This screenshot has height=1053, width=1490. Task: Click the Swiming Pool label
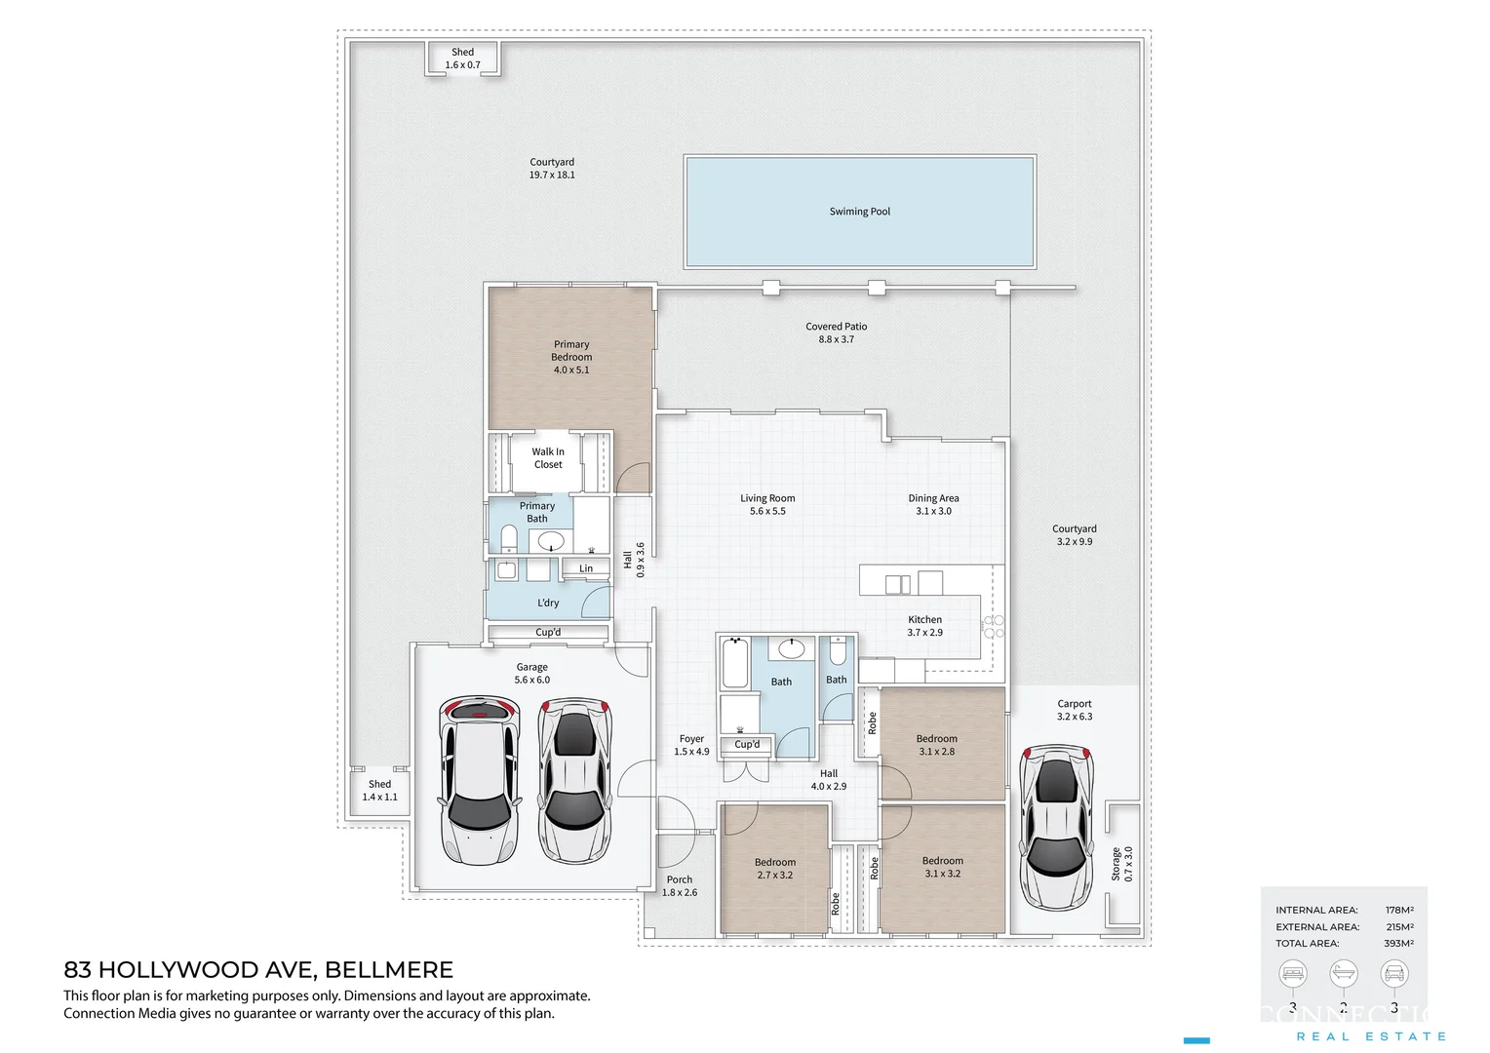[x=859, y=212]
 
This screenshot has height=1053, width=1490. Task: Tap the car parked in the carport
[x=1056, y=827]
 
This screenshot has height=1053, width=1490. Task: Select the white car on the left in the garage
[x=477, y=780]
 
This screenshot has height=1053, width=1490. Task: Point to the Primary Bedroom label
[x=571, y=357]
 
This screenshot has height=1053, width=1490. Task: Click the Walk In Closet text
[x=548, y=458]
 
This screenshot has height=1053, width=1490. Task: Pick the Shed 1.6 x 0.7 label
[x=462, y=58]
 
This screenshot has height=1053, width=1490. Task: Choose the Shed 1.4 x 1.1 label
[x=379, y=791]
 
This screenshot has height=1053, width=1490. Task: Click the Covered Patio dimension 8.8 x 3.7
[x=836, y=339]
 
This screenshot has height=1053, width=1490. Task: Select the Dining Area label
[x=933, y=498]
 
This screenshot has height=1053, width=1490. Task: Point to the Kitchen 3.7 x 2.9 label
[x=924, y=626]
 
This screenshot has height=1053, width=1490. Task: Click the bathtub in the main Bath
[x=734, y=663]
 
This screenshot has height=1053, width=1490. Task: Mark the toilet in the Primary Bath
[x=508, y=538]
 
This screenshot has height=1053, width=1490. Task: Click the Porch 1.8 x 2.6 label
[x=680, y=886]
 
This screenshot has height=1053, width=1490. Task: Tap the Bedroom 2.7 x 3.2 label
[x=775, y=869]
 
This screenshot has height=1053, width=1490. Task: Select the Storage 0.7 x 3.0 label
[x=1122, y=864]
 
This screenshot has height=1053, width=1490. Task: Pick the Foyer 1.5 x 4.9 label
[x=691, y=745]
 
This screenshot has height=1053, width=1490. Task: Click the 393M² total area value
[x=1399, y=944]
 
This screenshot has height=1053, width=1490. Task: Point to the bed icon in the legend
[x=1293, y=973]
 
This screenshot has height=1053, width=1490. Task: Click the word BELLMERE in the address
[x=388, y=970]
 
